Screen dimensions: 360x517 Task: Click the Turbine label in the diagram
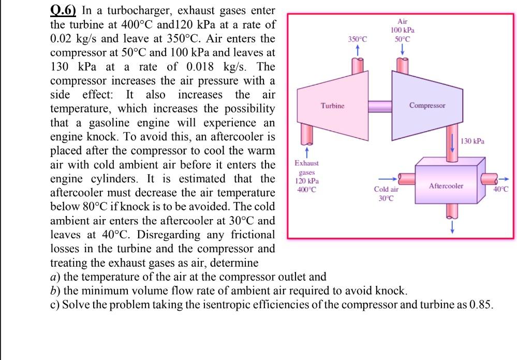pyautogui.click(x=332, y=106)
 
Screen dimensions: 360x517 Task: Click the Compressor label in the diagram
pyautogui.click(x=427, y=105)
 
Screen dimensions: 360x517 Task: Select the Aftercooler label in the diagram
pyautogui.click(x=446, y=185)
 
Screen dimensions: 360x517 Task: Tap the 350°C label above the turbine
pyautogui.click(x=357, y=39)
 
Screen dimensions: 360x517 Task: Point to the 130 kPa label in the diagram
pyautogui.click(x=472, y=141)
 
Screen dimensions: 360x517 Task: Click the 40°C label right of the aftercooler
pyautogui.click(x=501, y=189)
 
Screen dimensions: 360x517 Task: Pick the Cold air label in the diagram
pyautogui.click(x=386, y=190)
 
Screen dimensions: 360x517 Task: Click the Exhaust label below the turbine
pyautogui.click(x=306, y=163)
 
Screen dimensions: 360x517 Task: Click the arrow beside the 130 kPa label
pyautogui.click(x=453, y=143)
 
